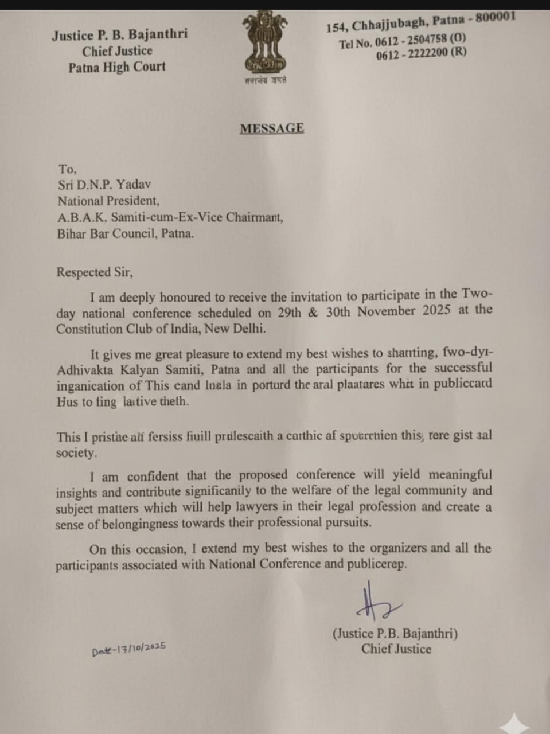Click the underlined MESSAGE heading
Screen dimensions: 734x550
[272, 128]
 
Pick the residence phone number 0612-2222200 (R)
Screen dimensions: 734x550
[421, 53]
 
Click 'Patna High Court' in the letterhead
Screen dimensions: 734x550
[116, 67]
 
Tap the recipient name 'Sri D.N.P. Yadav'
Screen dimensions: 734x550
[104, 185]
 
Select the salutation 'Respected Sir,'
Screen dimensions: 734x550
[95, 272]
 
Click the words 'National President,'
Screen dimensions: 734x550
[108, 201]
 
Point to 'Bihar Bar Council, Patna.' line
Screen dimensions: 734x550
[125, 234]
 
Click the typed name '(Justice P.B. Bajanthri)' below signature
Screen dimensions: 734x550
[395, 634]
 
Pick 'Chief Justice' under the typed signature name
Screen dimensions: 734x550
[396, 649]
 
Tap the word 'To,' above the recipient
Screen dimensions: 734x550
[67, 169]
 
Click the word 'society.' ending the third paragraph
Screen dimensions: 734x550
[76, 453]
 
